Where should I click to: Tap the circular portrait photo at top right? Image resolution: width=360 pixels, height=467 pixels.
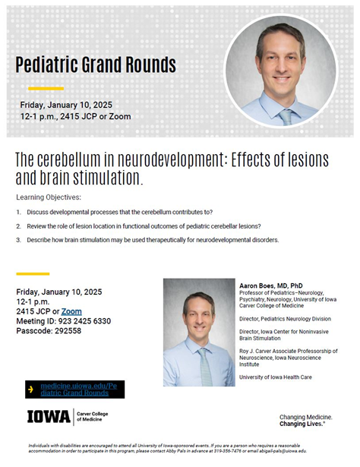coord(281,71)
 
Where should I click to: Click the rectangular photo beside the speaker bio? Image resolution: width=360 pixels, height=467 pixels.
coord(199,332)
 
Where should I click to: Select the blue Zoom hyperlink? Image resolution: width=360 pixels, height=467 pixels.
coord(71,311)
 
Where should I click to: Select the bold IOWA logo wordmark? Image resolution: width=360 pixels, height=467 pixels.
coord(49,417)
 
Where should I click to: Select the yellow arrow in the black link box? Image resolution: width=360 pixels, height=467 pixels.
coord(30,390)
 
